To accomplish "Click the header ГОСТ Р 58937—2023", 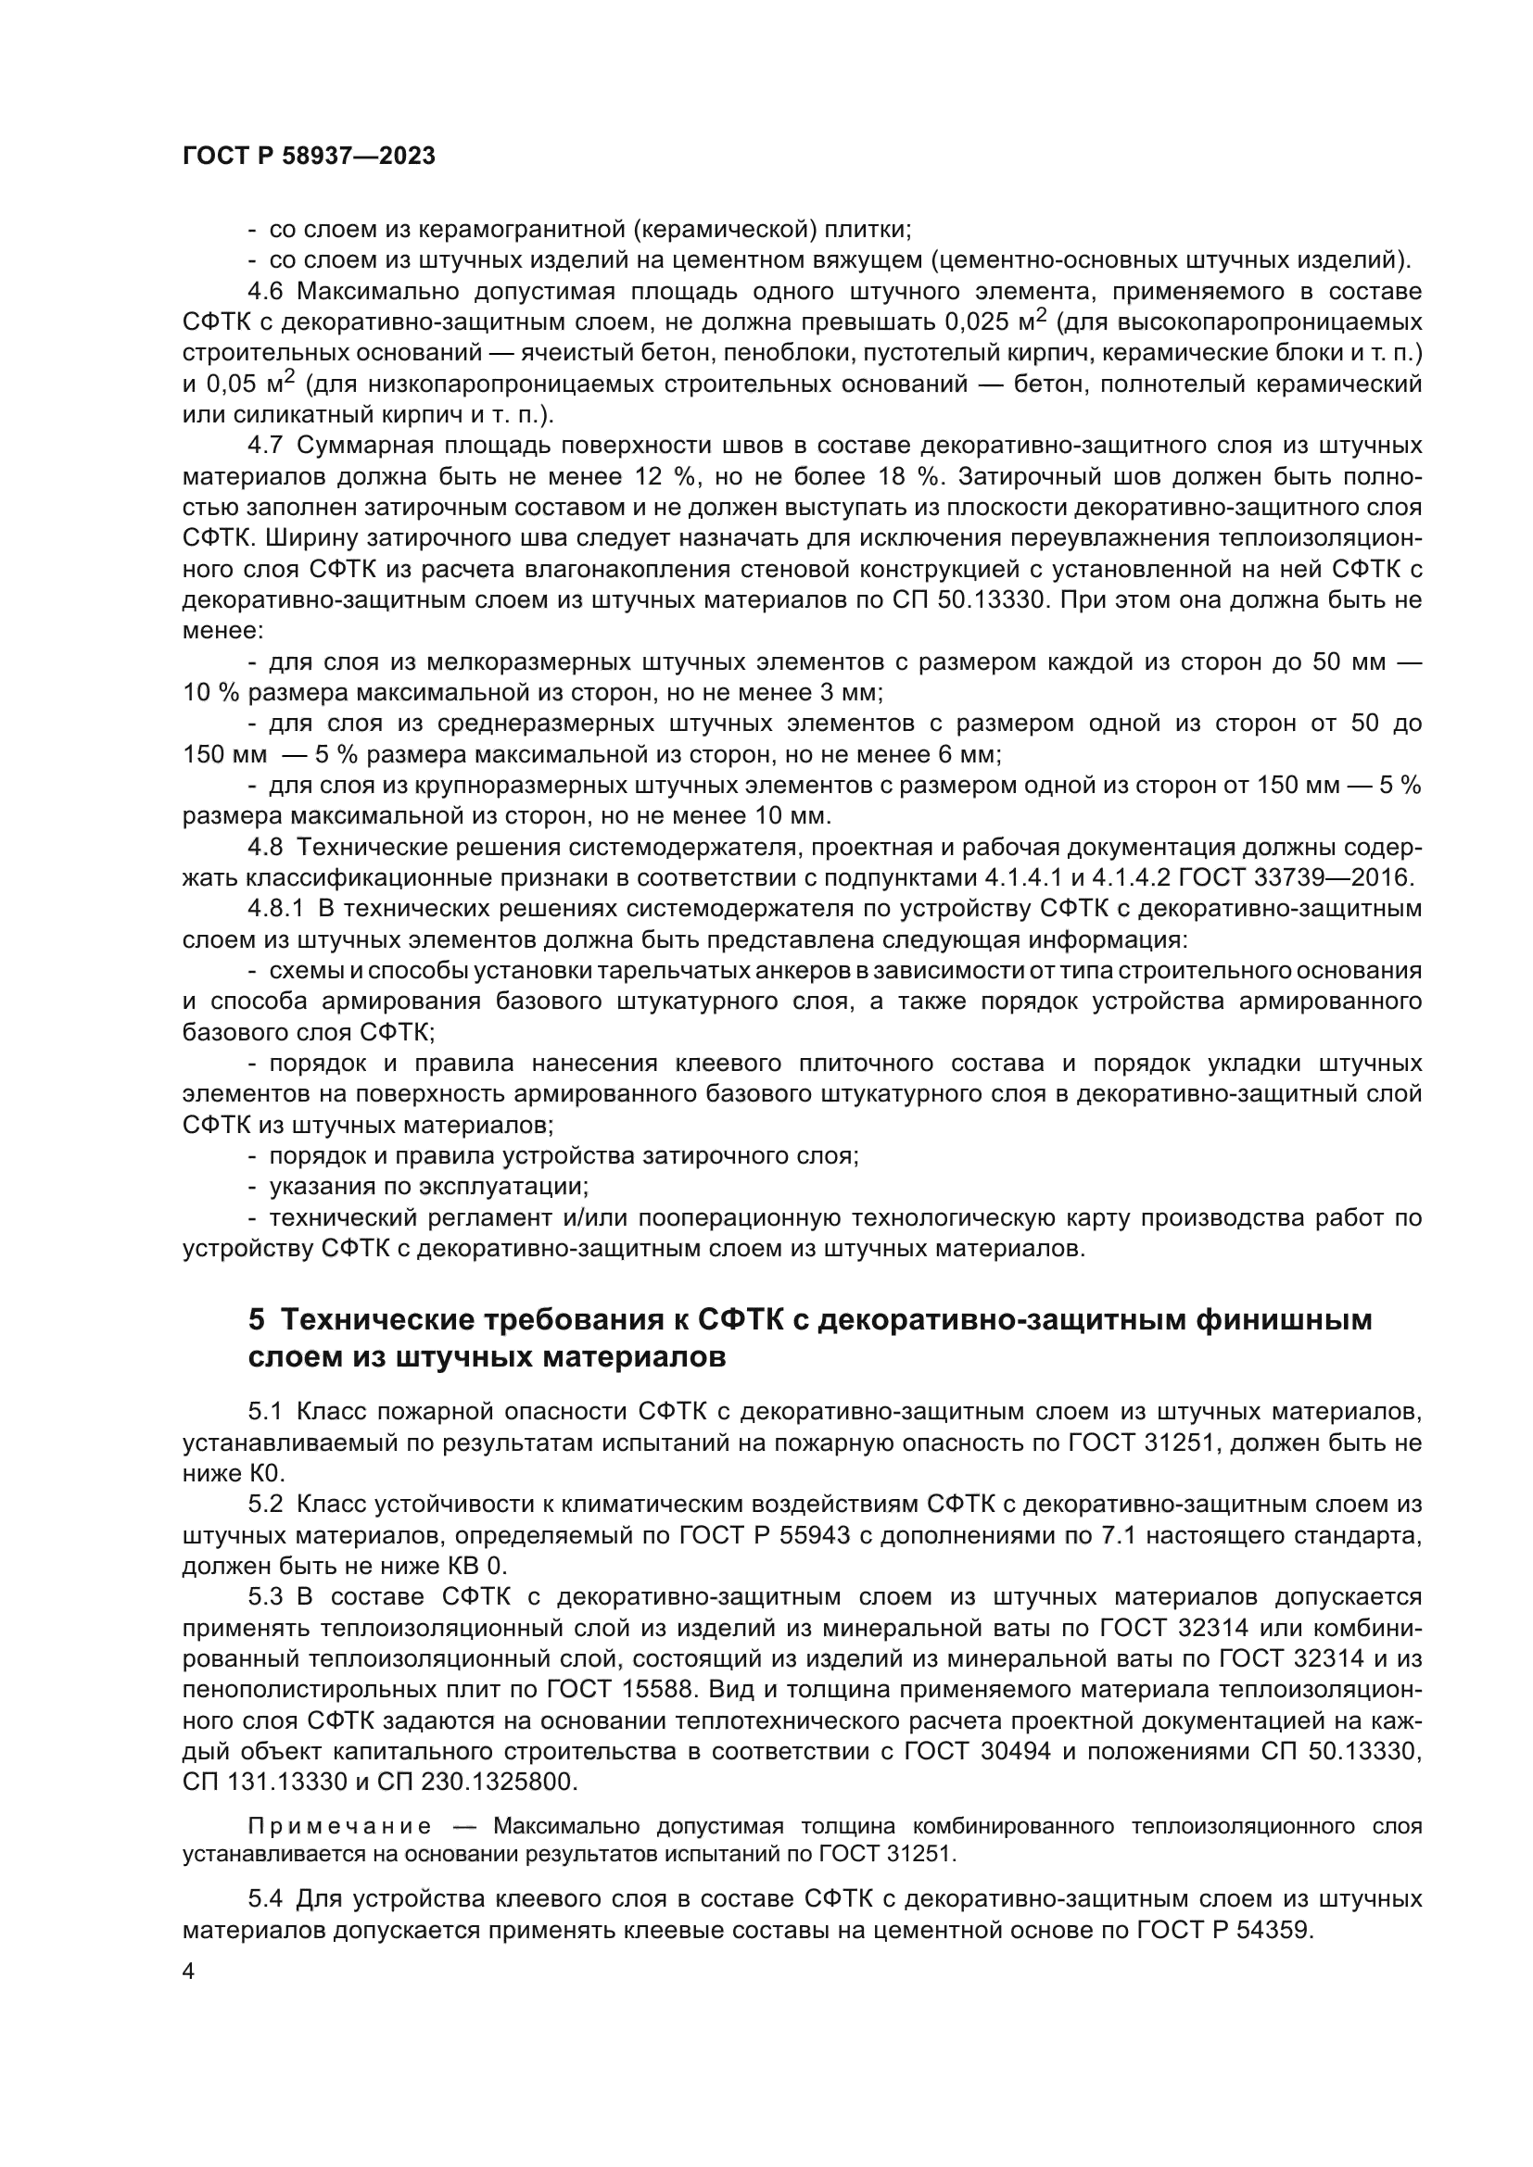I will [x=309, y=157].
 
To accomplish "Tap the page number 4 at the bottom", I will [x=189, y=1972].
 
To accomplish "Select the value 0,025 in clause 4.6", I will [x=978, y=322].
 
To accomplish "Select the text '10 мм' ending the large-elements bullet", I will [x=796, y=815].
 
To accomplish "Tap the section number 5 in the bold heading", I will [x=256, y=1319].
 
